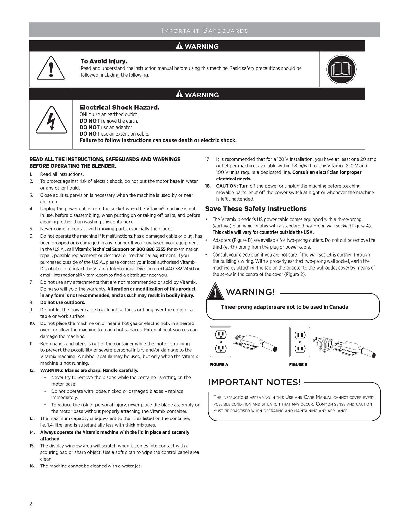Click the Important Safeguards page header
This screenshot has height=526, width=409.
point(204,31)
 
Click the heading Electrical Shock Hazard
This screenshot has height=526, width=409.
point(119,108)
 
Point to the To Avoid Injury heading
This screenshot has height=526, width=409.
point(104,61)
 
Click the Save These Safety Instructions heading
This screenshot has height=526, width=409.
point(256,209)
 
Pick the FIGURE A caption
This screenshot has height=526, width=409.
point(219,364)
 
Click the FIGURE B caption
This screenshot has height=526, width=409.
point(298,364)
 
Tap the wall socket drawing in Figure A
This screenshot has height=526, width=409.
point(221,342)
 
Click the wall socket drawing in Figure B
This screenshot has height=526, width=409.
point(300,342)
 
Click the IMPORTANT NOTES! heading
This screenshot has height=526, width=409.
point(254,382)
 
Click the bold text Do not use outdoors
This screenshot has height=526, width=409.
point(62,302)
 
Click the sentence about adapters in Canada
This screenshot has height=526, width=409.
point(285,307)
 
